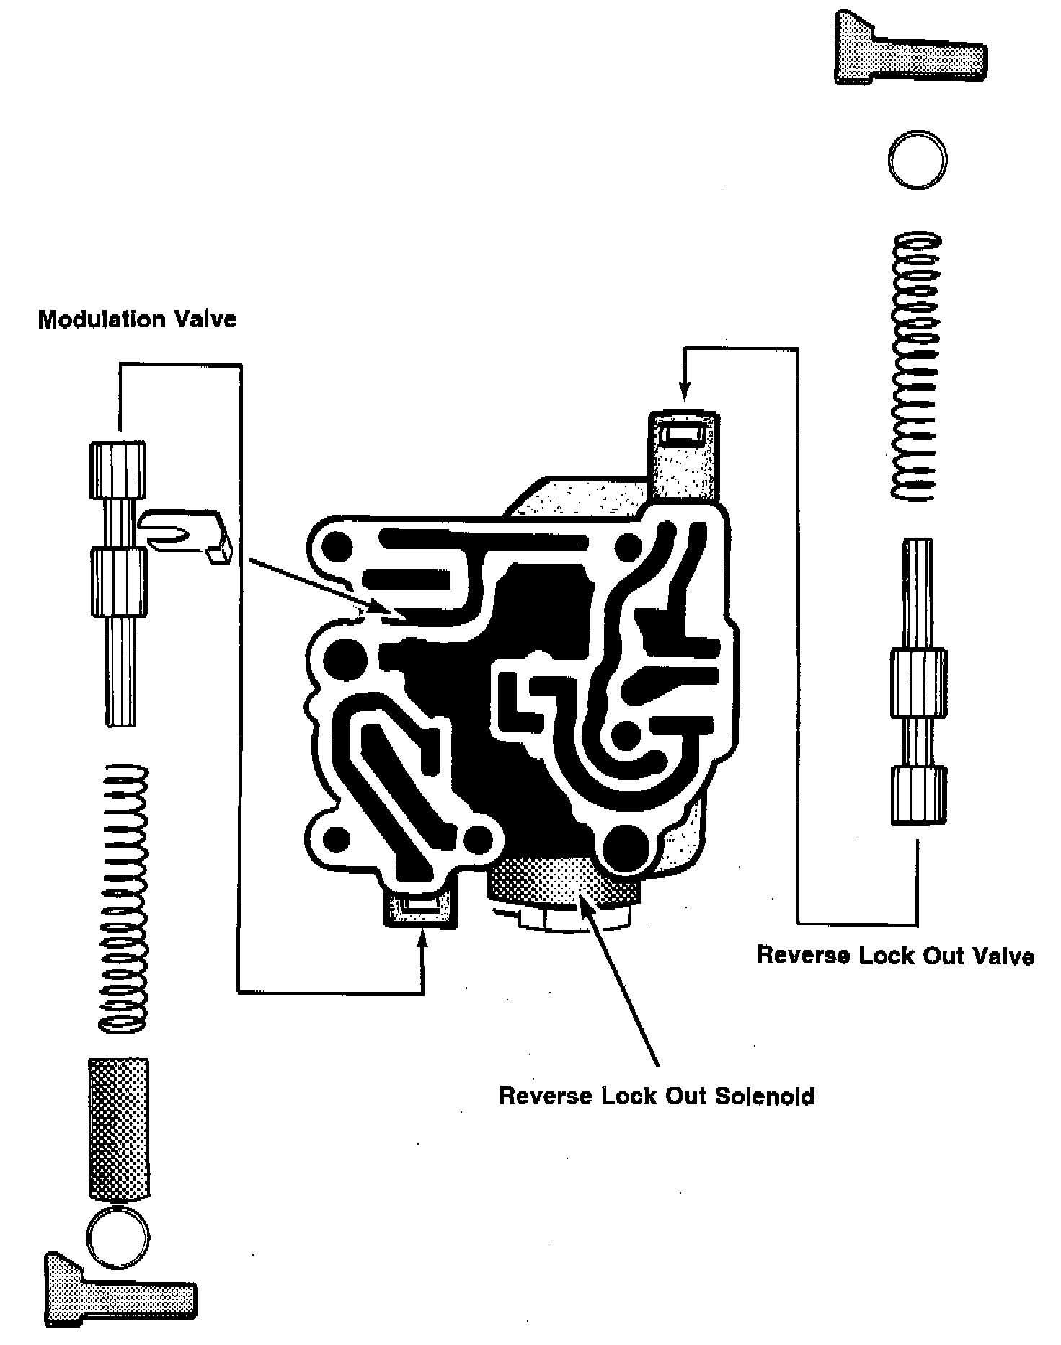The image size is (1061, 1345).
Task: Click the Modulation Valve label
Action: click(x=137, y=319)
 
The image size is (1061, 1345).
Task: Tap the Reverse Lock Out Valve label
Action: click(x=895, y=956)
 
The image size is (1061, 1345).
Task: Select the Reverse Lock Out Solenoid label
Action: click(x=657, y=1096)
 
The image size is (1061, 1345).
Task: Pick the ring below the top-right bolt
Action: click(x=917, y=160)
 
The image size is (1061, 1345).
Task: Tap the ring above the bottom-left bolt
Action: click(x=118, y=1237)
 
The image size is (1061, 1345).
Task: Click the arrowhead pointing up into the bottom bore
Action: click(x=422, y=938)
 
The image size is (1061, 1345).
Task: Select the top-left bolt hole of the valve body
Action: click(x=338, y=548)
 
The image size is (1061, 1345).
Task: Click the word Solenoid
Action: click(x=765, y=1096)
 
